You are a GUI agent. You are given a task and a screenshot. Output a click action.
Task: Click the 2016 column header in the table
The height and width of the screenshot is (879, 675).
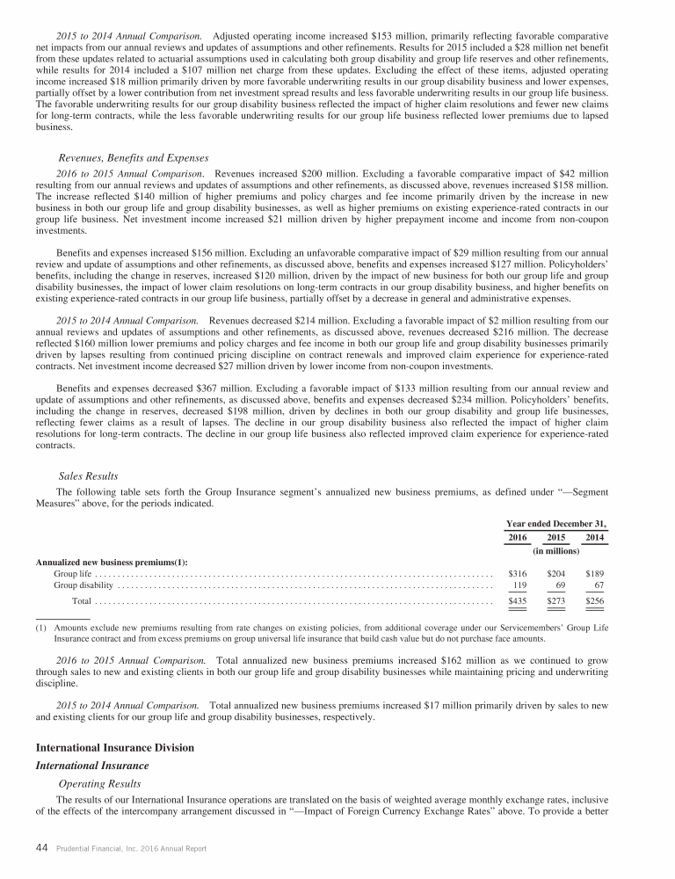(519, 537)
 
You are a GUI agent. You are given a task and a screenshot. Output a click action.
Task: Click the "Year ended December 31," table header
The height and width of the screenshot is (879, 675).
(557, 522)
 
